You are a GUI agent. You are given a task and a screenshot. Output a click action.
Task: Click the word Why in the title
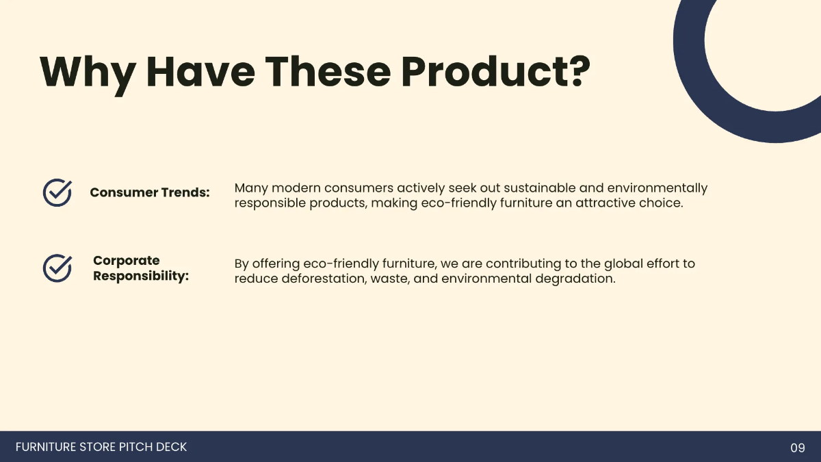click(x=86, y=71)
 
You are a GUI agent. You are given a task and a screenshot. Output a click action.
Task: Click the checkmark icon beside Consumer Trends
click(x=57, y=193)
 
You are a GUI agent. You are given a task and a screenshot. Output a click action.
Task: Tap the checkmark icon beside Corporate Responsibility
click(x=57, y=268)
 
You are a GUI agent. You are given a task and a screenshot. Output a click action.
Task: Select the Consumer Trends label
click(x=149, y=192)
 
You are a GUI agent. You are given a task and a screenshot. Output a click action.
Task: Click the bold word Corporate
click(x=126, y=261)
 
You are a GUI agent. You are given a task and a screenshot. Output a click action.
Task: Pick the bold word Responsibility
click(x=140, y=277)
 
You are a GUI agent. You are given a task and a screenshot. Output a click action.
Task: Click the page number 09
click(x=798, y=448)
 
